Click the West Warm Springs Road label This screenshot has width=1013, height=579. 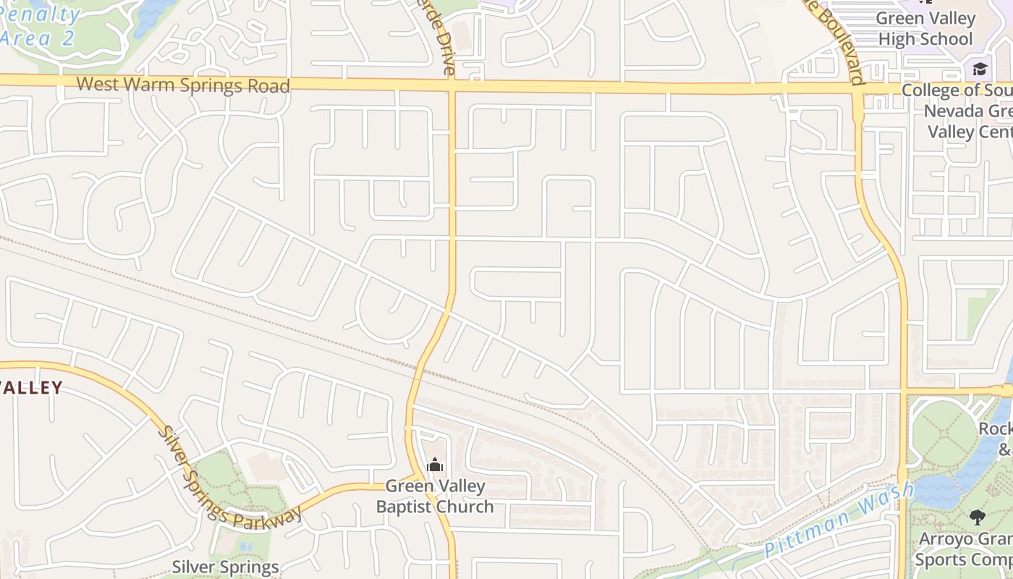[183, 85]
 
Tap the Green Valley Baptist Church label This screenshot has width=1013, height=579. [435, 496]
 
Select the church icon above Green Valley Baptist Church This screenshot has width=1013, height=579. [435, 465]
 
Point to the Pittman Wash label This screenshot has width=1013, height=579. [839, 520]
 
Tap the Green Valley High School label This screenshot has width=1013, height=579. [925, 28]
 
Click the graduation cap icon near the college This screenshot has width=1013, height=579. [980, 69]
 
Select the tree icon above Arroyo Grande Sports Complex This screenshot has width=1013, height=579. [978, 517]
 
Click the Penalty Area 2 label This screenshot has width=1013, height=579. [40, 26]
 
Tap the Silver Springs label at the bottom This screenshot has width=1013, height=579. [225, 567]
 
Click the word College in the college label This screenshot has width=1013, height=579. [933, 90]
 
